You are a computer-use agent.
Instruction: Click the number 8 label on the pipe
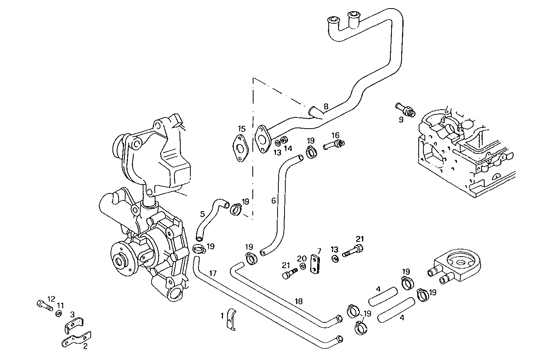coord(326,106)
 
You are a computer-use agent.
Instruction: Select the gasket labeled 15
coord(241,149)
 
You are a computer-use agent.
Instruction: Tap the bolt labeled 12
coord(45,306)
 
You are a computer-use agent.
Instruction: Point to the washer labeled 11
coord(59,313)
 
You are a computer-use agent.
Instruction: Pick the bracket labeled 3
coord(74,325)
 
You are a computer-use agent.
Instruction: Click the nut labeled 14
coord(283,140)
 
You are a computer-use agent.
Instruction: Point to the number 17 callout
coord(212,273)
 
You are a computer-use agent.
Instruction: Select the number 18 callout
coord(298,301)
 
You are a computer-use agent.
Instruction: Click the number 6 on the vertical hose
coord(273,200)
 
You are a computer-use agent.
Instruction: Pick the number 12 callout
coord(51,298)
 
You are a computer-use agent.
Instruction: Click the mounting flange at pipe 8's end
coord(264,137)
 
